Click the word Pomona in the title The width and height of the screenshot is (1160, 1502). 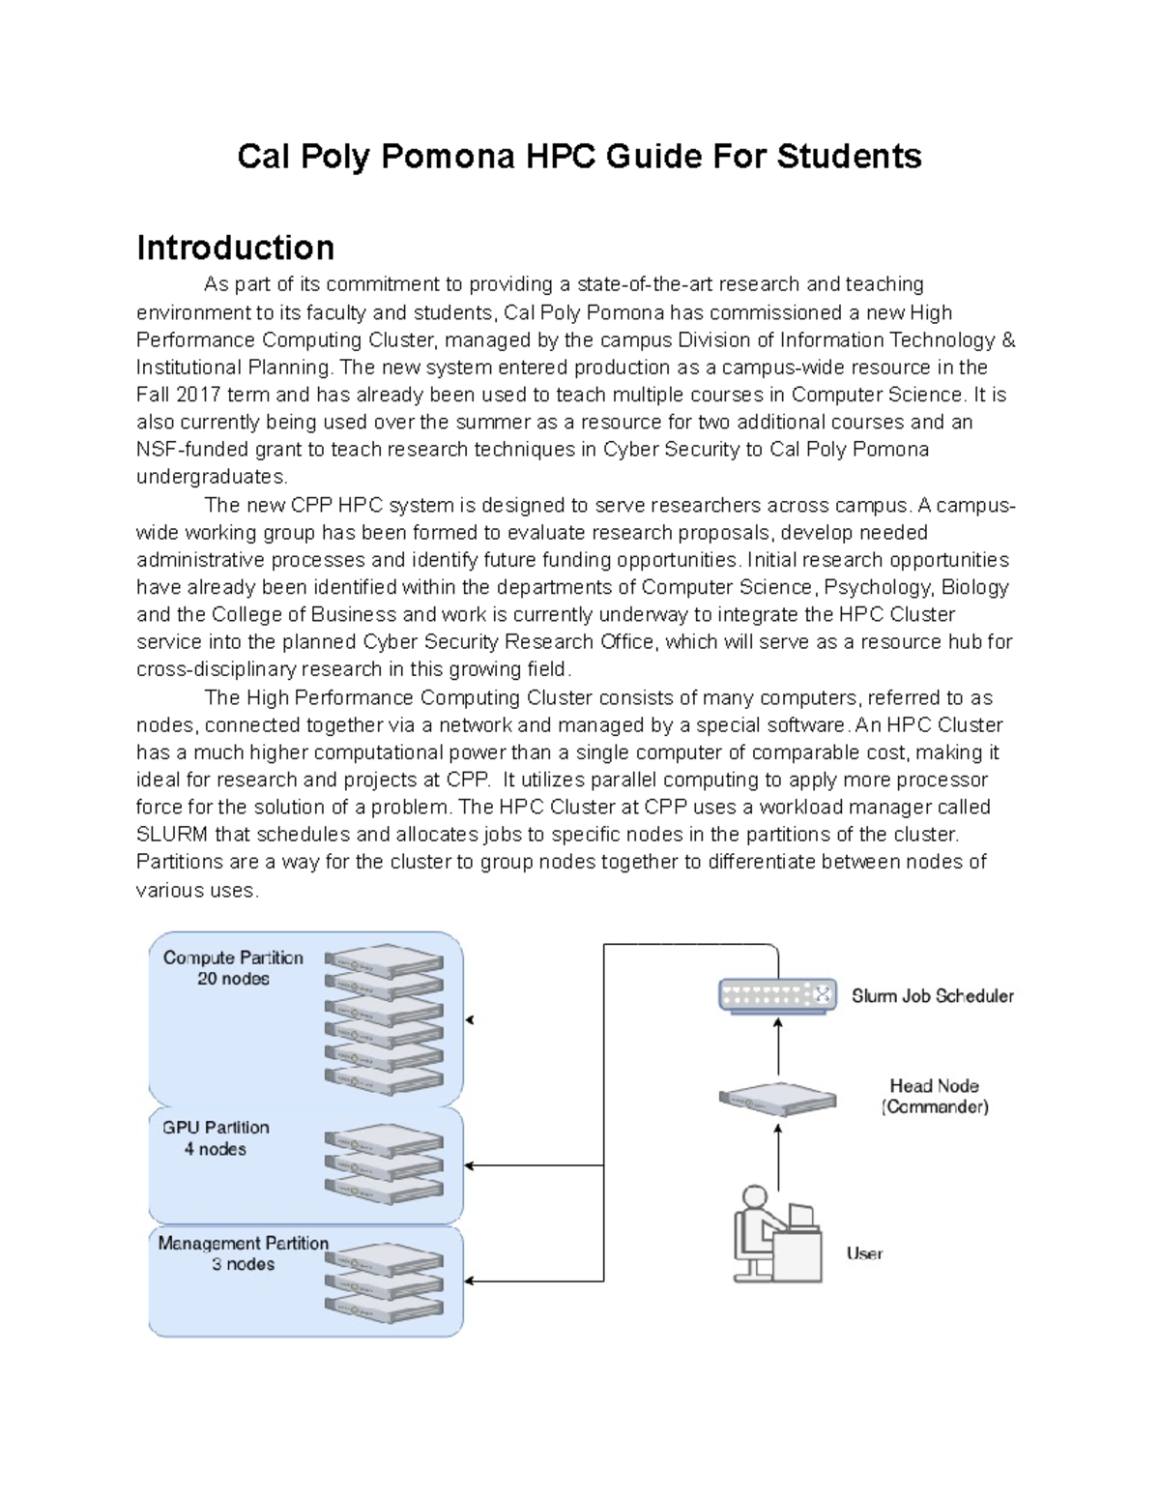(x=447, y=156)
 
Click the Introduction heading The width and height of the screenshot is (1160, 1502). (x=235, y=248)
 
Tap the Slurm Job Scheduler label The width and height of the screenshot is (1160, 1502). (x=932, y=996)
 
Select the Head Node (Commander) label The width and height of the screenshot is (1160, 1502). (x=935, y=1097)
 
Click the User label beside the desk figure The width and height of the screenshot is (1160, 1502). (x=864, y=1253)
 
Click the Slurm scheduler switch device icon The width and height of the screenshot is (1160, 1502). (x=777, y=995)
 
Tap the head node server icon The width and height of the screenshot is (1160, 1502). (x=777, y=1099)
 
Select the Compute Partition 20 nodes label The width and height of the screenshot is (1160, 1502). (x=233, y=968)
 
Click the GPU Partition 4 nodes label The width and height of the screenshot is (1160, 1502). (x=216, y=1138)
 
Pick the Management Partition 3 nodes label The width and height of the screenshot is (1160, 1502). (x=243, y=1253)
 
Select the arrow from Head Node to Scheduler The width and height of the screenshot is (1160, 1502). (x=778, y=1049)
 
